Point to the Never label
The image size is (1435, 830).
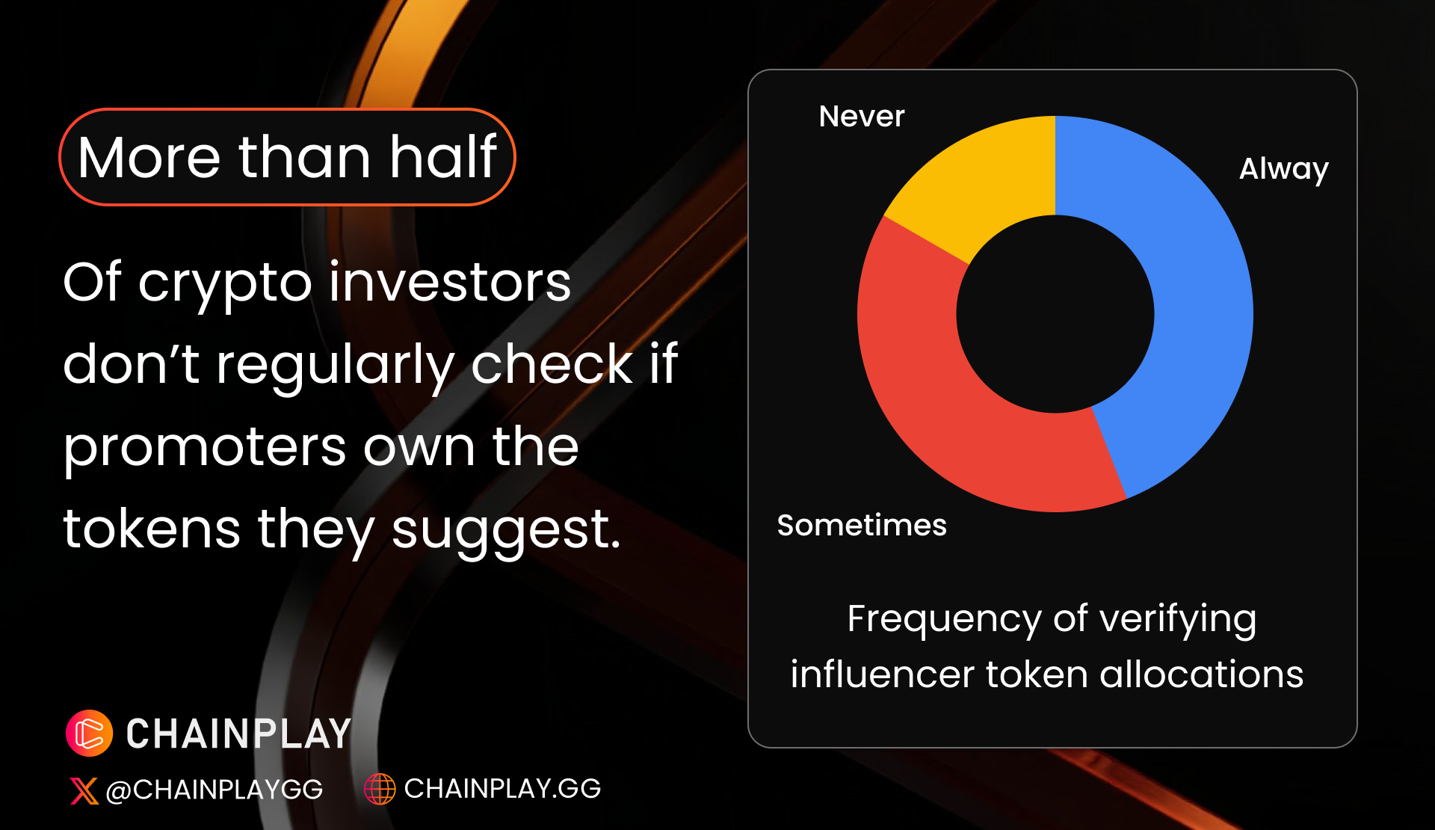pos(862,117)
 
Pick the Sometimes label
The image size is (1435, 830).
pos(862,525)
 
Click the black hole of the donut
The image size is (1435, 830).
pos(1055,314)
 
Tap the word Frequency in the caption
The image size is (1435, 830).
pos(943,621)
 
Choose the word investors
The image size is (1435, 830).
pos(450,283)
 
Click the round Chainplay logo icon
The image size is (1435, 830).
pos(90,734)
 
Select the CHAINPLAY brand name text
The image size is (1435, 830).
pos(238,734)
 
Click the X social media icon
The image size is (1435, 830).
pos(84,790)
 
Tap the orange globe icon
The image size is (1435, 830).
pos(380,789)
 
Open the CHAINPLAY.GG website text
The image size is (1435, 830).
pos(502,789)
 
